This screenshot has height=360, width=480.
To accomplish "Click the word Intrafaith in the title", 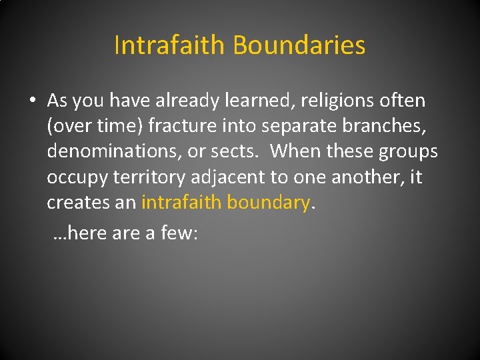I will coord(170,46).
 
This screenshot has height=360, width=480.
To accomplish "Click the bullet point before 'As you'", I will coord(33,101).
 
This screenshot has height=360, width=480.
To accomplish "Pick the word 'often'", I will coord(403,101).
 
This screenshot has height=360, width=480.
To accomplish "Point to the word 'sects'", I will coord(233,152).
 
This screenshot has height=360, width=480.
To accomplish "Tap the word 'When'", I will coord(295,152).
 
